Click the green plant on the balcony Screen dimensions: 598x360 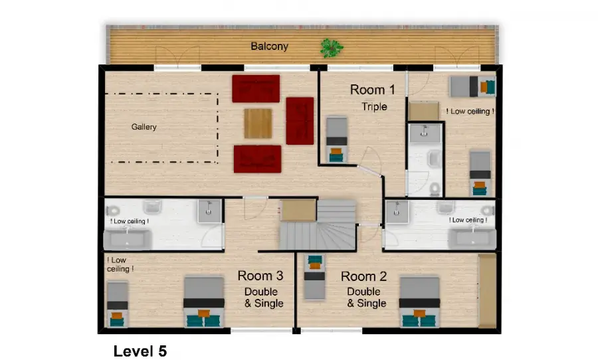point(332,48)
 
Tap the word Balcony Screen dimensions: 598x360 point(269,46)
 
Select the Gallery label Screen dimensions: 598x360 point(144,127)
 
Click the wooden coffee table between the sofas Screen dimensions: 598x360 point(258,124)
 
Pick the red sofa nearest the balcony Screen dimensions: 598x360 point(256,88)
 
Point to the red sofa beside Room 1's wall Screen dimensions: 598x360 point(300,121)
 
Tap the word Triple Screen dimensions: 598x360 point(374,107)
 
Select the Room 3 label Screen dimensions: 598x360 point(260,276)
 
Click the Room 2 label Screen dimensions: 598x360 point(364,276)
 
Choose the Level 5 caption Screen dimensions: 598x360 point(140,351)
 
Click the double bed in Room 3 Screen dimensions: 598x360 point(204,302)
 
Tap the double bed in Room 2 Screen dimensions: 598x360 point(419,302)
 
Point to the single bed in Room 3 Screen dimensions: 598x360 point(117,304)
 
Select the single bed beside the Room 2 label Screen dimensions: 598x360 point(315,277)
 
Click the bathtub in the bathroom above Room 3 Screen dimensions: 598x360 point(127,240)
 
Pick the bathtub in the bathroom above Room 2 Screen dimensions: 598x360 point(472,239)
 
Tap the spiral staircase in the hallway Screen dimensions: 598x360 point(318,225)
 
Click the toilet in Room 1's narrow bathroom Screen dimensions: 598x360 point(434,189)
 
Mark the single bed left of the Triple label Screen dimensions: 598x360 point(337,139)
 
